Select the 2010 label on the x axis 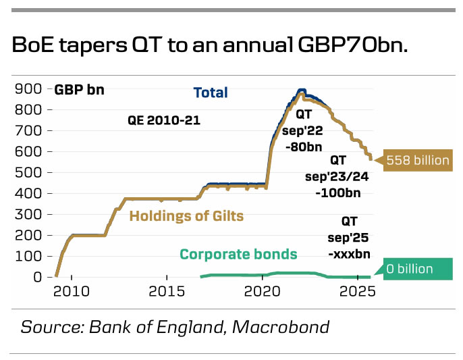[72, 291]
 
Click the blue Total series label [211, 93]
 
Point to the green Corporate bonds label [238, 255]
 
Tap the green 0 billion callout [414, 268]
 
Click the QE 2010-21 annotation [164, 121]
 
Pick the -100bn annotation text [337, 192]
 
